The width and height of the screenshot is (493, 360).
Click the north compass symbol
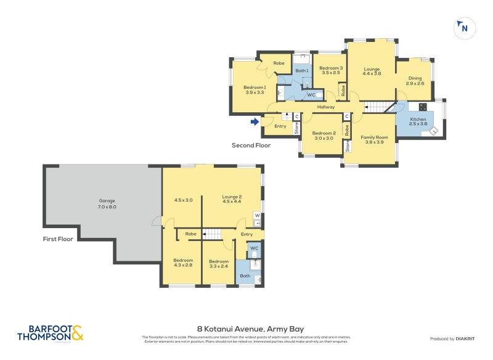[x=463, y=28]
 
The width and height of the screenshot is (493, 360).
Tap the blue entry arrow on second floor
[x=255, y=122]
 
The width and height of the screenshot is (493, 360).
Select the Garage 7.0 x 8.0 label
[x=107, y=204]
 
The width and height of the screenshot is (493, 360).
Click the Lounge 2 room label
[x=232, y=200]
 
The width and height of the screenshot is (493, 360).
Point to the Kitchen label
[x=418, y=121]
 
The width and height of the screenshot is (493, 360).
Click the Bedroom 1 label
[x=255, y=90]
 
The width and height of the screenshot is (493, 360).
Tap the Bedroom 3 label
[x=330, y=70]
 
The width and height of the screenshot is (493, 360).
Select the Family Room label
[x=374, y=139]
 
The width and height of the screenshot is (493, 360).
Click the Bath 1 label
[x=301, y=71]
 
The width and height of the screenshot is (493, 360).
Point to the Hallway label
[x=325, y=107]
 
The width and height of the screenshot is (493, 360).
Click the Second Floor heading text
[x=251, y=146]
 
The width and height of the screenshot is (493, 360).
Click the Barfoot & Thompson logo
[x=50, y=333]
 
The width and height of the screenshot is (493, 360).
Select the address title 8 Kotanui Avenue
[x=250, y=329]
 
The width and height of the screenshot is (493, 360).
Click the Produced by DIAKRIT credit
[x=452, y=338]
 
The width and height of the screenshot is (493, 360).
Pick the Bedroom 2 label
[x=324, y=136]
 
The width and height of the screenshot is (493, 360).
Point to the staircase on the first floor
[x=211, y=234]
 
